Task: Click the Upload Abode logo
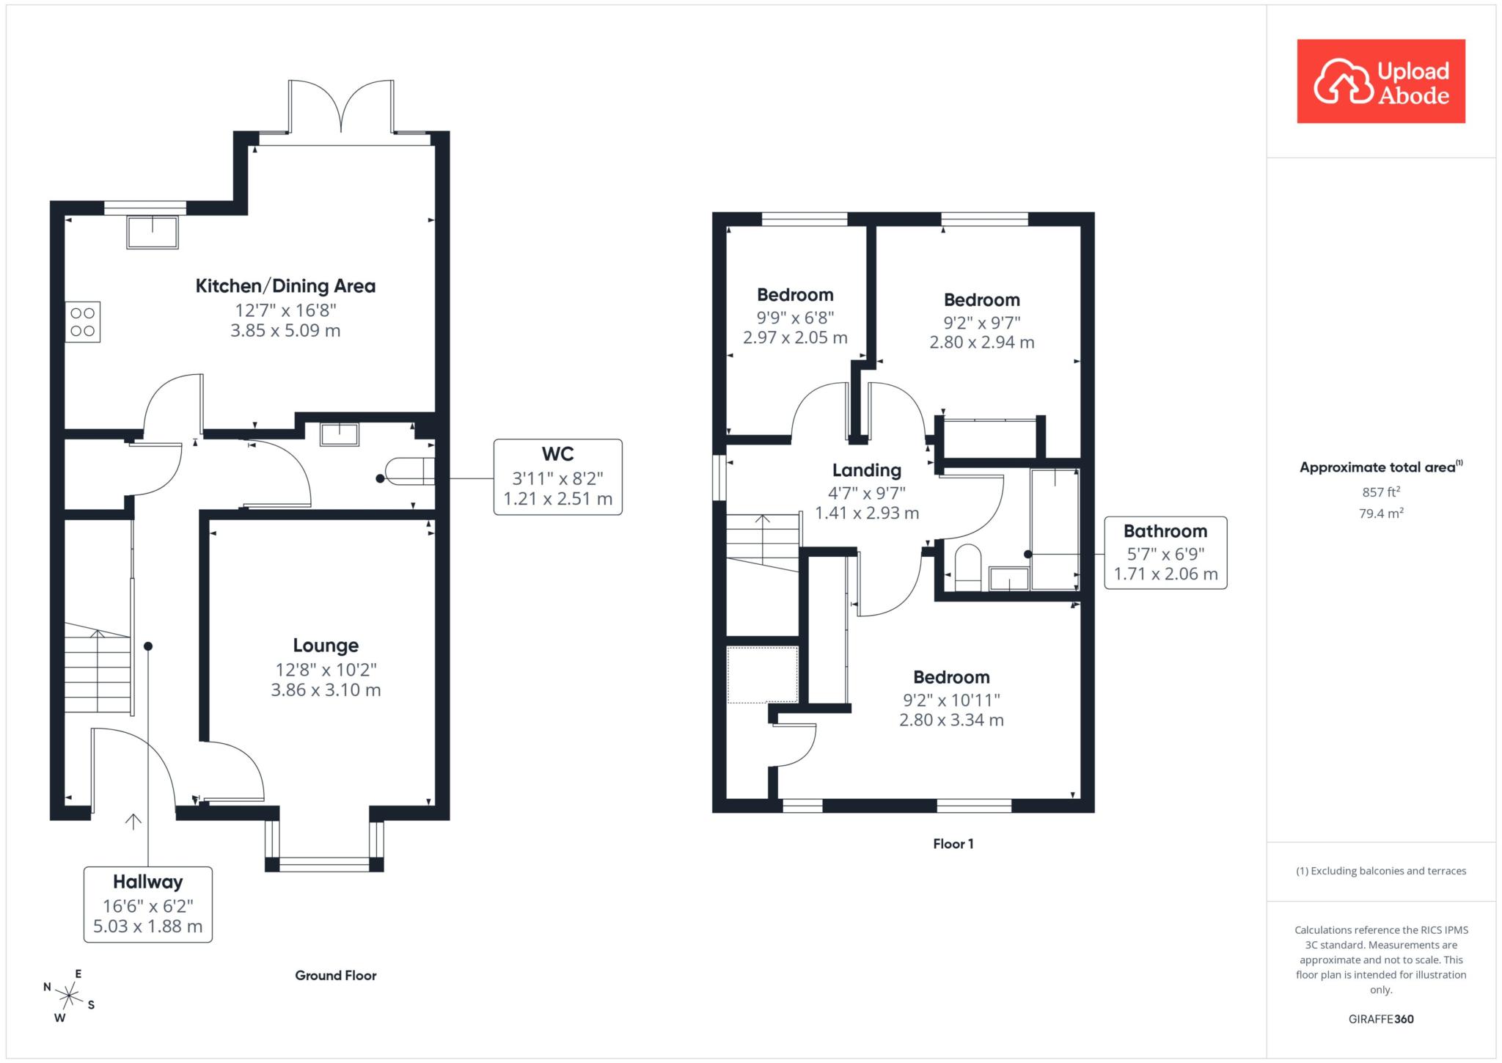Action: point(1381,81)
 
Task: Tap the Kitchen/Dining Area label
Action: point(285,286)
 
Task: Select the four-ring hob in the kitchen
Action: point(83,322)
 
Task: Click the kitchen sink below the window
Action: point(153,232)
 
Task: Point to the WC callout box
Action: point(557,477)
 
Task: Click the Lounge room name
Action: point(326,646)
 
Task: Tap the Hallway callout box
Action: point(148,904)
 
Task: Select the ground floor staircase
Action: point(98,668)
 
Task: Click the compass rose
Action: point(69,996)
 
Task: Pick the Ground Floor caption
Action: point(336,975)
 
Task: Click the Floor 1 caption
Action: point(953,844)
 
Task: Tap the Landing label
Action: point(867,470)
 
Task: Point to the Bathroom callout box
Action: point(1165,552)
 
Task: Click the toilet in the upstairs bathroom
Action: point(968,567)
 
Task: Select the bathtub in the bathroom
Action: point(1055,530)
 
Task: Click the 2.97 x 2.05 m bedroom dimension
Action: point(795,337)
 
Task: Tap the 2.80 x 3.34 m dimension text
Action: point(951,720)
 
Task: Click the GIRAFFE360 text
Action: point(1381,1019)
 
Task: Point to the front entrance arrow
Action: point(133,822)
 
